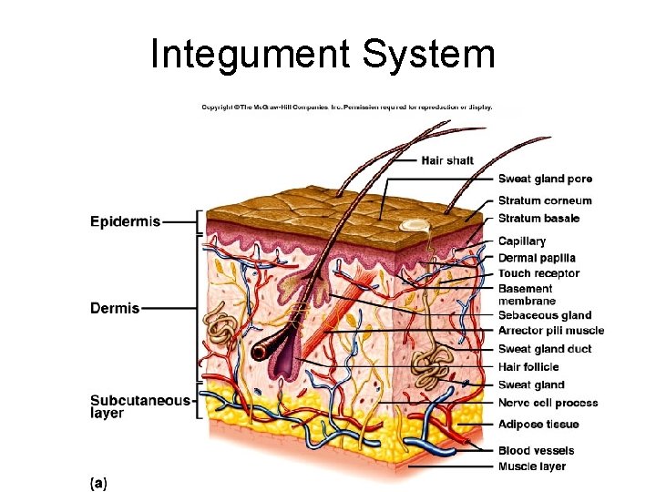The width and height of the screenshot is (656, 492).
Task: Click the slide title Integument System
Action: [x=323, y=54]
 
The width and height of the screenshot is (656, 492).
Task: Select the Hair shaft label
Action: [x=447, y=161]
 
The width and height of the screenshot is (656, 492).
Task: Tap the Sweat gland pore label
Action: [x=545, y=179]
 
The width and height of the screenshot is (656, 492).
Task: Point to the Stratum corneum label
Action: [x=545, y=200]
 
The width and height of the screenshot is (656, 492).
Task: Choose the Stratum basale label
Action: [x=538, y=219]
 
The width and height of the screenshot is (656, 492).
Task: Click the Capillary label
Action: [x=522, y=241]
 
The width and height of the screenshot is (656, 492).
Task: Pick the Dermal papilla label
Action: [x=537, y=258]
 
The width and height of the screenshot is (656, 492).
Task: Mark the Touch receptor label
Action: [x=538, y=273]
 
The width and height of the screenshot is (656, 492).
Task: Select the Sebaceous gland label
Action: [x=545, y=315]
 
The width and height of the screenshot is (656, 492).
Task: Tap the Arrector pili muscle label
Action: [x=551, y=331]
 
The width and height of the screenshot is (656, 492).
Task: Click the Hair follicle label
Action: [x=528, y=367]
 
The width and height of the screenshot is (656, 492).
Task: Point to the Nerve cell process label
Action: [x=548, y=403]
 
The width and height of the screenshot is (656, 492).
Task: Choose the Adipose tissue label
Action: [x=538, y=425]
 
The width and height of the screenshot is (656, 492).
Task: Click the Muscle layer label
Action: [x=532, y=466]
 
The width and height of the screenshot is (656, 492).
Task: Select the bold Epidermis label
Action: [x=125, y=221]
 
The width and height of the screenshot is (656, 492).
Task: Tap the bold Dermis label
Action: [x=115, y=308]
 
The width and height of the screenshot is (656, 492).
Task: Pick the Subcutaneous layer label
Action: [x=139, y=406]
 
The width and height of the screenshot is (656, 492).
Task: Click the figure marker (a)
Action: [x=98, y=482]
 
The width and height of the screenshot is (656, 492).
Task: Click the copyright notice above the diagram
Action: [x=346, y=107]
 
